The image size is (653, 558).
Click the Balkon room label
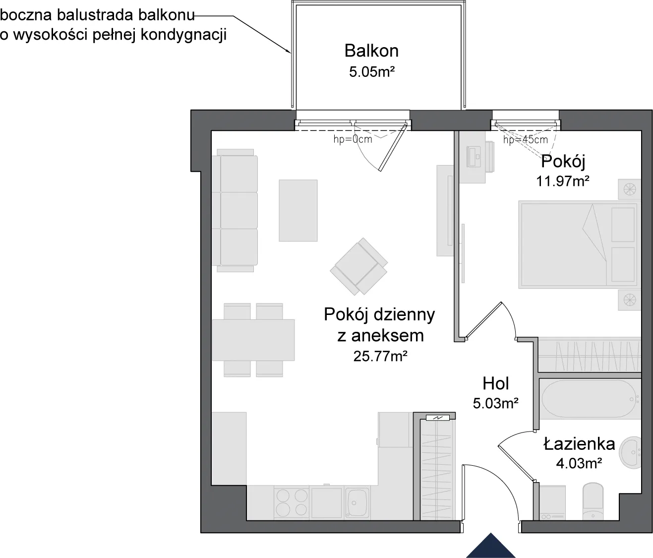click(371, 51)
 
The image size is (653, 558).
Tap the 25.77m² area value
click(380, 357)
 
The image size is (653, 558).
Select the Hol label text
click(496, 384)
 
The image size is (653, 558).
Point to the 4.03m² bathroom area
click(579, 463)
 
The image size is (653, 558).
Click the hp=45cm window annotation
click(526, 140)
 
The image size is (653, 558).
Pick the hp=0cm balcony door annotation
click(353, 139)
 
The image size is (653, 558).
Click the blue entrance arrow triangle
click(491, 546)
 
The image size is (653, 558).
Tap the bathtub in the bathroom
click(589, 399)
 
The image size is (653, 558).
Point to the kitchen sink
click(357, 503)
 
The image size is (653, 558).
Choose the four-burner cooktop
click(291, 503)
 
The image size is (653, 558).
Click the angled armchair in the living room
click(359, 266)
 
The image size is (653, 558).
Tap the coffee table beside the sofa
click(298, 211)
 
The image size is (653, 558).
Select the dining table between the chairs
click(253, 340)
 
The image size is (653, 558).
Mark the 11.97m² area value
click(563, 182)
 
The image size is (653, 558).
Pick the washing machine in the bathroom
click(552, 503)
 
